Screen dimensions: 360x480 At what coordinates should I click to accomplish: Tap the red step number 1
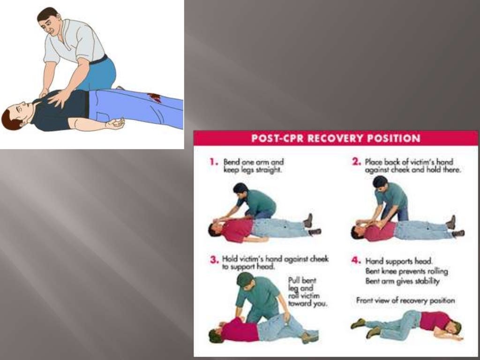(214, 162)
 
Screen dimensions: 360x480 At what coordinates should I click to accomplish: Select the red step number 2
(356, 162)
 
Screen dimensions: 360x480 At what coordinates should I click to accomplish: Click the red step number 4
(356, 261)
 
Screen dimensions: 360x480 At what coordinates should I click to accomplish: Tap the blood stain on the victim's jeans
(154, 97)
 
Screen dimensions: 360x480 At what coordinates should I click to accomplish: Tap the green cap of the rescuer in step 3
(244, 279)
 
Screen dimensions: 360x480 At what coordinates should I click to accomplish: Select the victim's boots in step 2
(455, 227)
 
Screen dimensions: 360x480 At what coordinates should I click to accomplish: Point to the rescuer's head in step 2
(380, 182)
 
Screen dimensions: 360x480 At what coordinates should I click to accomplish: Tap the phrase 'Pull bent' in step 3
(301, 281)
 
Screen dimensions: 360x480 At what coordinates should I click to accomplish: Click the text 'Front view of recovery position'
(405, 300)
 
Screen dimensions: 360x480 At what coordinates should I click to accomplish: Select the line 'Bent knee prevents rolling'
(406, 271)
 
